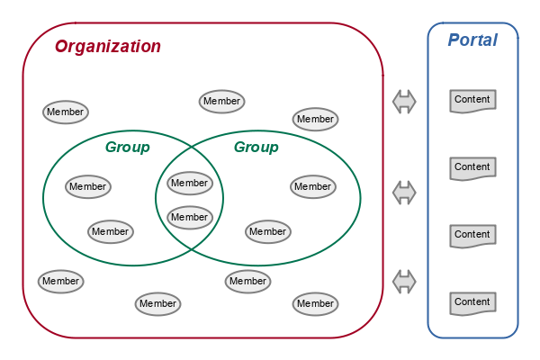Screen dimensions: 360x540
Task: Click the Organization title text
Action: coord(108,47)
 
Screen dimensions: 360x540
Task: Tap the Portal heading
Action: coord(472,40)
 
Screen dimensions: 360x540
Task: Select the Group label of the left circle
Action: coord(127,148)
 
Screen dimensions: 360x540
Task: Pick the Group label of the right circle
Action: coord(256,148)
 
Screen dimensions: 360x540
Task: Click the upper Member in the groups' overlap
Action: coord(190,184)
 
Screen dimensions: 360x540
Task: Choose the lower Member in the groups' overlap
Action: coord(190,218)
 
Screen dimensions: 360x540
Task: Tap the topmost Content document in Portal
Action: coord(472,100)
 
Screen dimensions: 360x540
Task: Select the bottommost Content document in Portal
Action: coord(472,302)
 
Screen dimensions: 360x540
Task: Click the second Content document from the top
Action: coord(472,167)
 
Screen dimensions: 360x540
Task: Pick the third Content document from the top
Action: coord(472,235)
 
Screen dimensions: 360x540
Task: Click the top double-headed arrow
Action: coord(405,102)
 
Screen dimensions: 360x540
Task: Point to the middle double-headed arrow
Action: coord(405,192)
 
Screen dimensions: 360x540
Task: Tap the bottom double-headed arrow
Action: coord(405,281)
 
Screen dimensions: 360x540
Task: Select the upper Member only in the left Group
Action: coord(88,187)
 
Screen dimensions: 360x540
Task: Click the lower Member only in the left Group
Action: coord(111,232)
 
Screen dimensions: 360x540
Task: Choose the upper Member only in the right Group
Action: coord(313,187)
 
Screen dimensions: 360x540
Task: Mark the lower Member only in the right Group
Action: coord(268,232)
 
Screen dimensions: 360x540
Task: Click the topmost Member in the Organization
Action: coord(221,102)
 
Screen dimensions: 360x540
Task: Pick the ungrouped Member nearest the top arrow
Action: coord(315,120)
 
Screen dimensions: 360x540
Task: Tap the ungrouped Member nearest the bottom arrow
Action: coord(316,304)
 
